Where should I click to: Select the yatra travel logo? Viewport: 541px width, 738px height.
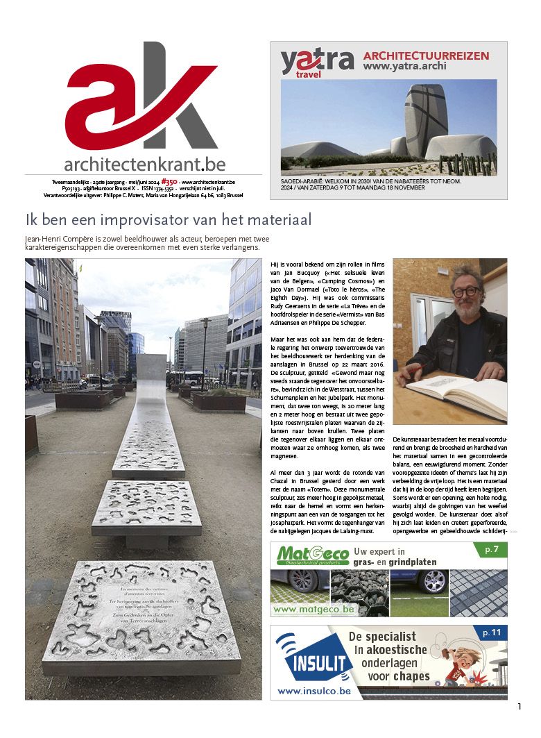316,63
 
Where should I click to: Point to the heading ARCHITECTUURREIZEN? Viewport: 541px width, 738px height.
426,56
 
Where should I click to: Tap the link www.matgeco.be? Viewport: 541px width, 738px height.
314,609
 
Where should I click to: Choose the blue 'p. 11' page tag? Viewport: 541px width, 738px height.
491,633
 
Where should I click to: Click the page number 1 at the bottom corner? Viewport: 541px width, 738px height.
519,707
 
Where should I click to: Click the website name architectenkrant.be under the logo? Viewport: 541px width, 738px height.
144,165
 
